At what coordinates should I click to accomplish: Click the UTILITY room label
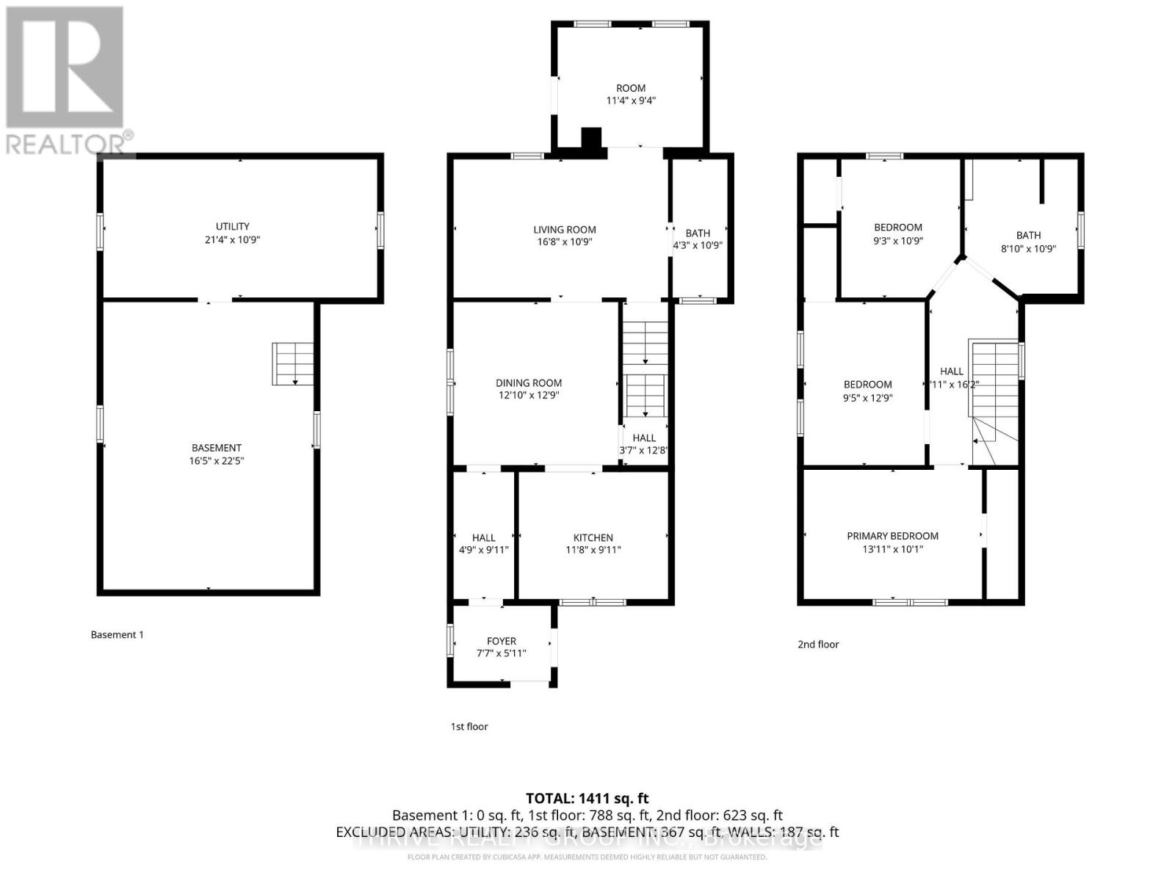point(232,226)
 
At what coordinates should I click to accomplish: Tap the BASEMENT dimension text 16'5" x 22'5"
point(216,461)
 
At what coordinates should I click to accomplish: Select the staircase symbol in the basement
point(293,364)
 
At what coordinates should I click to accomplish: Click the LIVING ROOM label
point(564,230)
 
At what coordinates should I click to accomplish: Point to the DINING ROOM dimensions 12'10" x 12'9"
point(528,395)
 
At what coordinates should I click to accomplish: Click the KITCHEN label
point(593,537)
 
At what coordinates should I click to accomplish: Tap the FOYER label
point(501,641)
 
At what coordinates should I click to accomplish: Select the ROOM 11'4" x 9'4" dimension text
point(630,101)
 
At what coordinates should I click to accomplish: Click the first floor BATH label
point(698,233)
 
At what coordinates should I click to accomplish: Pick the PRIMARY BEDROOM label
point(892,536)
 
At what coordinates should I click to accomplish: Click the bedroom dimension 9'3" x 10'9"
point(897,240)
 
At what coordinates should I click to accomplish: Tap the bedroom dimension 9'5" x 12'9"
point(867,397)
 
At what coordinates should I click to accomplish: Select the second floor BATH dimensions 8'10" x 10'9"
point(1028,248)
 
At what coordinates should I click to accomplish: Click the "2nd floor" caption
point(818,644)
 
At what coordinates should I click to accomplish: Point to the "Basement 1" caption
point(117,634)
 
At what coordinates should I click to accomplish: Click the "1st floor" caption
point(469,726)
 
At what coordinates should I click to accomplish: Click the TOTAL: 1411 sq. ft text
point(587,798)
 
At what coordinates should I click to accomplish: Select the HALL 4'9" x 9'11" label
point(483,543)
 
